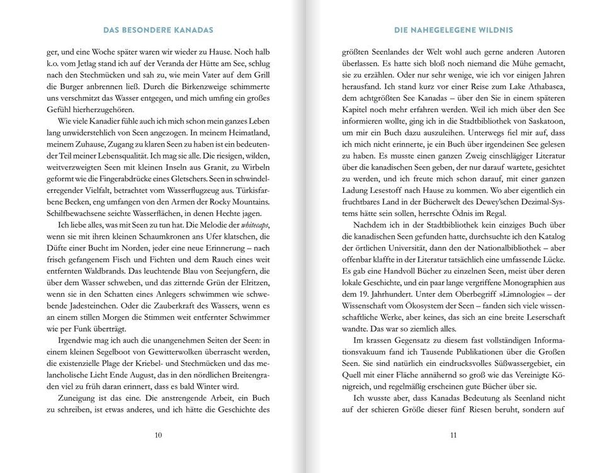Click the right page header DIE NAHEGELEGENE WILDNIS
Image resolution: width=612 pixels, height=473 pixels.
tap(453, 30)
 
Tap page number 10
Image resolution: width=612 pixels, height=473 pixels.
tap(157, 434)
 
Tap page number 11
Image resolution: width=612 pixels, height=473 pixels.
tap(453, 434)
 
